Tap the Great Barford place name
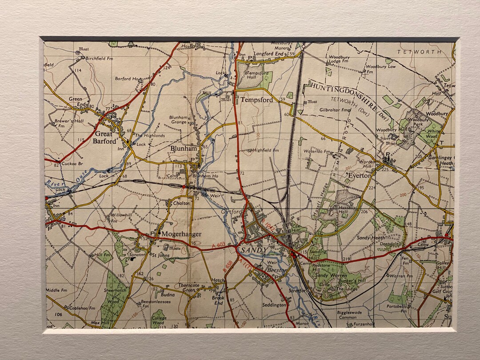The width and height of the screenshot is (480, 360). pyautogui.click(x=103, y=138)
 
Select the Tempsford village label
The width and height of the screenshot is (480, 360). pyautogui.click(x=256, y=100)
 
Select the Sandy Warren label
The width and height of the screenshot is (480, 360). pyautogui.click(x=330, y=276)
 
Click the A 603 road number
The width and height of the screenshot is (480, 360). pyautogui.click(x=217, y=245)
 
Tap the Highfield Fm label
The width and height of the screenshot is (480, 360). pyautogui.click(x=265, y=150)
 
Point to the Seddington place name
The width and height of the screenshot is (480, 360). pyautogui.click(x=274, y=305)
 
